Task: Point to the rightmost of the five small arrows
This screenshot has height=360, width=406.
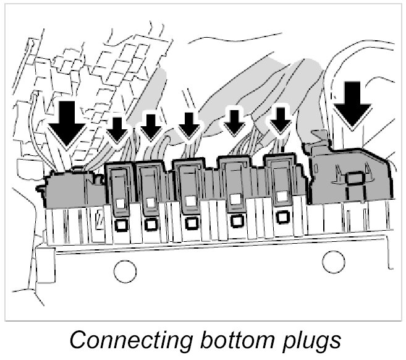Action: click(x=282, y=122)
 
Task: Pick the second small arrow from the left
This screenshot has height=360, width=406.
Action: click(x=150, y=126)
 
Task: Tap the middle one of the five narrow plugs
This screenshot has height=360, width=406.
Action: click(x=191, y=182)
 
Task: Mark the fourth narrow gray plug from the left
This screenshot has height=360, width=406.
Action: click(x=235, y=182)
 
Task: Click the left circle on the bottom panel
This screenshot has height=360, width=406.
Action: click(x=125, y=270)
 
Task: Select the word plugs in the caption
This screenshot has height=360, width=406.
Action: click(x=309, y=340)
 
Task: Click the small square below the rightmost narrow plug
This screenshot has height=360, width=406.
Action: click(x=283, y=217)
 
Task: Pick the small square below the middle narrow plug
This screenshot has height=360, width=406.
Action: click(x=192, y=223)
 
